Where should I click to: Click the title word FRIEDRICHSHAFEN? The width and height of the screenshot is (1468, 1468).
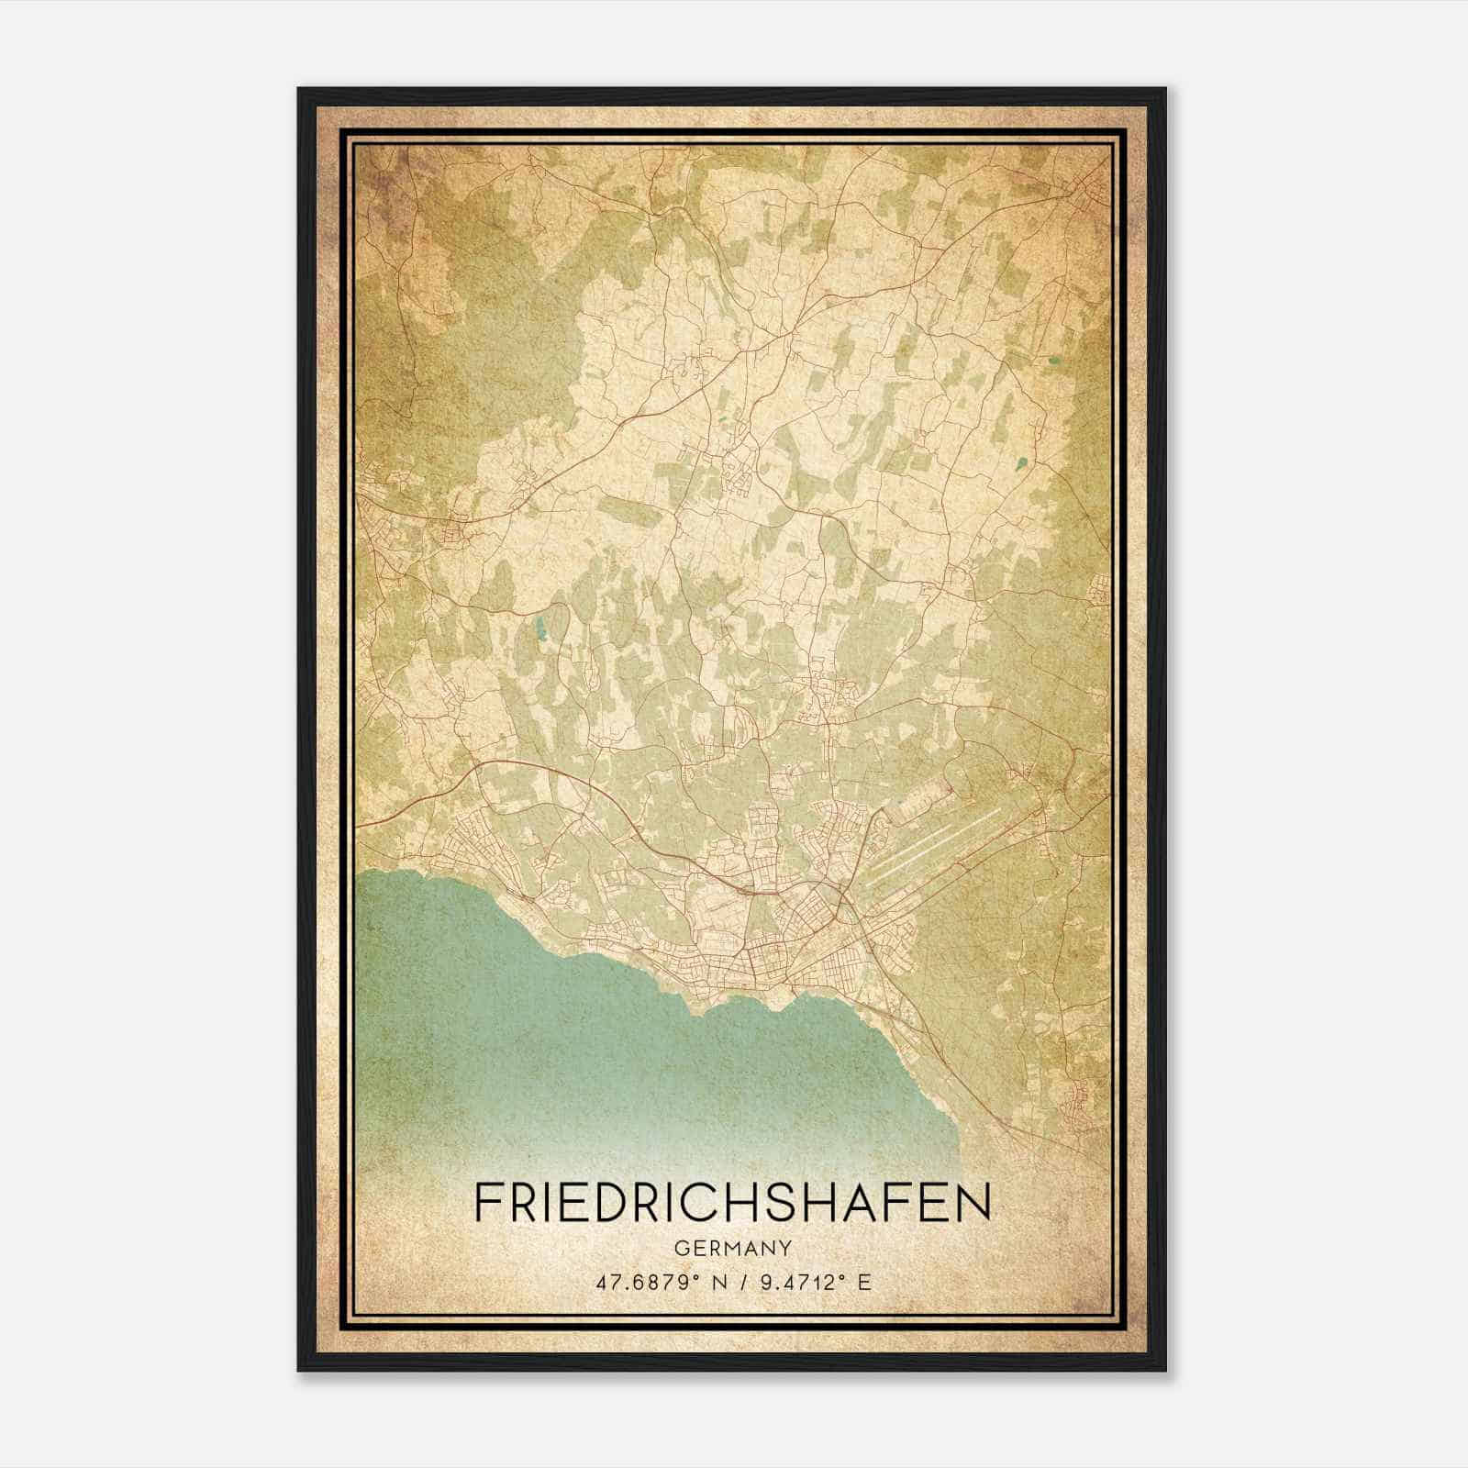click(x=733, y=1202)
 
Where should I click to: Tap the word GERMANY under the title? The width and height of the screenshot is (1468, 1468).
click(x=733, y=1249)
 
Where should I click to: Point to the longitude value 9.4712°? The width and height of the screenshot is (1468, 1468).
click(x=798, y=1283)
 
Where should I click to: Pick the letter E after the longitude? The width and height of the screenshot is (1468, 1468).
click(x=863, y=1283)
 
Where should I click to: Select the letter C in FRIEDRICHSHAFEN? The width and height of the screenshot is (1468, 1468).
click(x=732, y=1202)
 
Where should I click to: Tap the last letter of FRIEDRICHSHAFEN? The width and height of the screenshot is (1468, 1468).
click(x=975, y=1202)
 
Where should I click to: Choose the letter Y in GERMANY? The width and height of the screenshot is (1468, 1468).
click(x=785, y=1249)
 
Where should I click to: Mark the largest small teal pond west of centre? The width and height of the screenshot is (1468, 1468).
click(x=540, y=629)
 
